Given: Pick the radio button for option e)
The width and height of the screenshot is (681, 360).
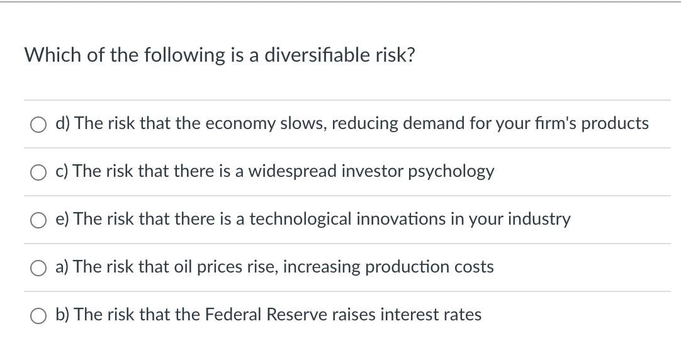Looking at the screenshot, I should click(38, 220).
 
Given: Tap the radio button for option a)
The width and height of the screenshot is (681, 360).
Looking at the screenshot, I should click(38, 268).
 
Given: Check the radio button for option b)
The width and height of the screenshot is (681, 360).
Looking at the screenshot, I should click(38, 316).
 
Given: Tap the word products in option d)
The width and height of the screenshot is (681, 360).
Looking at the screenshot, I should click(615, 123).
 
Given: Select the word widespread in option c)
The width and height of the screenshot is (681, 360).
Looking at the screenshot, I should click(292, 171).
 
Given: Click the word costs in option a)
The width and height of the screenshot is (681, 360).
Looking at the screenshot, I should click(475, 267).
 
